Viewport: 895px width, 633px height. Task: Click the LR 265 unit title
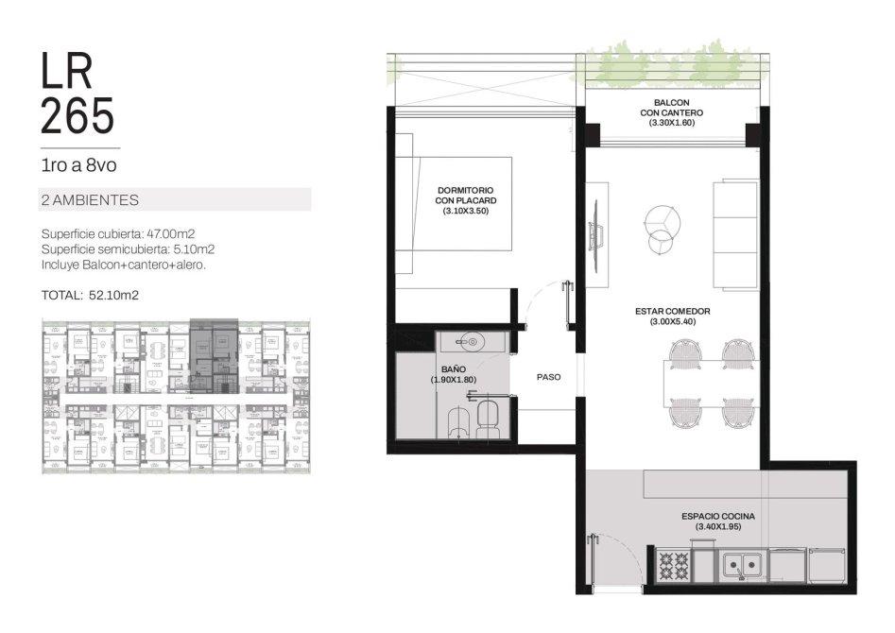click(77, 94)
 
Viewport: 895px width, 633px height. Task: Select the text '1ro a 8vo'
click(78, 165)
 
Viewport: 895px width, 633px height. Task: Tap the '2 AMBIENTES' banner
click(175, 199)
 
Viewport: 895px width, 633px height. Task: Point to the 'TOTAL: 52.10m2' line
click(90, 295)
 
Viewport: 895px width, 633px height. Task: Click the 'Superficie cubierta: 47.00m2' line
click(118, 233)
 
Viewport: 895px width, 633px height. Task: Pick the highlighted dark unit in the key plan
click(214, 355)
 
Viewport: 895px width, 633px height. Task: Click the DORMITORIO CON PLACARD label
click(465, 200)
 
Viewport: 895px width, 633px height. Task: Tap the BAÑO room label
click(454, 374)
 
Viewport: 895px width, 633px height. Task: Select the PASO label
click(548, 377)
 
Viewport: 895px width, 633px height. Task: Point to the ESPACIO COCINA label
click(718, 522)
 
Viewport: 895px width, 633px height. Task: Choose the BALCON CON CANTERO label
click(671, 112)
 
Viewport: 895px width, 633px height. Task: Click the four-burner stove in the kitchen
click(674, 565)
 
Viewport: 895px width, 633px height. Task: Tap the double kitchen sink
click(741, 565)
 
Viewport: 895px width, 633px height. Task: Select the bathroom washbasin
click(470, 342)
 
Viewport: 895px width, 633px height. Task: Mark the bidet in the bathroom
click(459, 422)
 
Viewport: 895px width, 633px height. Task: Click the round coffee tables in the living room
click(662, 227)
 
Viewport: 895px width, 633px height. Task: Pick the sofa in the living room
click(736, 234)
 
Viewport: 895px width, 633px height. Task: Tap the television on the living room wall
click(596, 234)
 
